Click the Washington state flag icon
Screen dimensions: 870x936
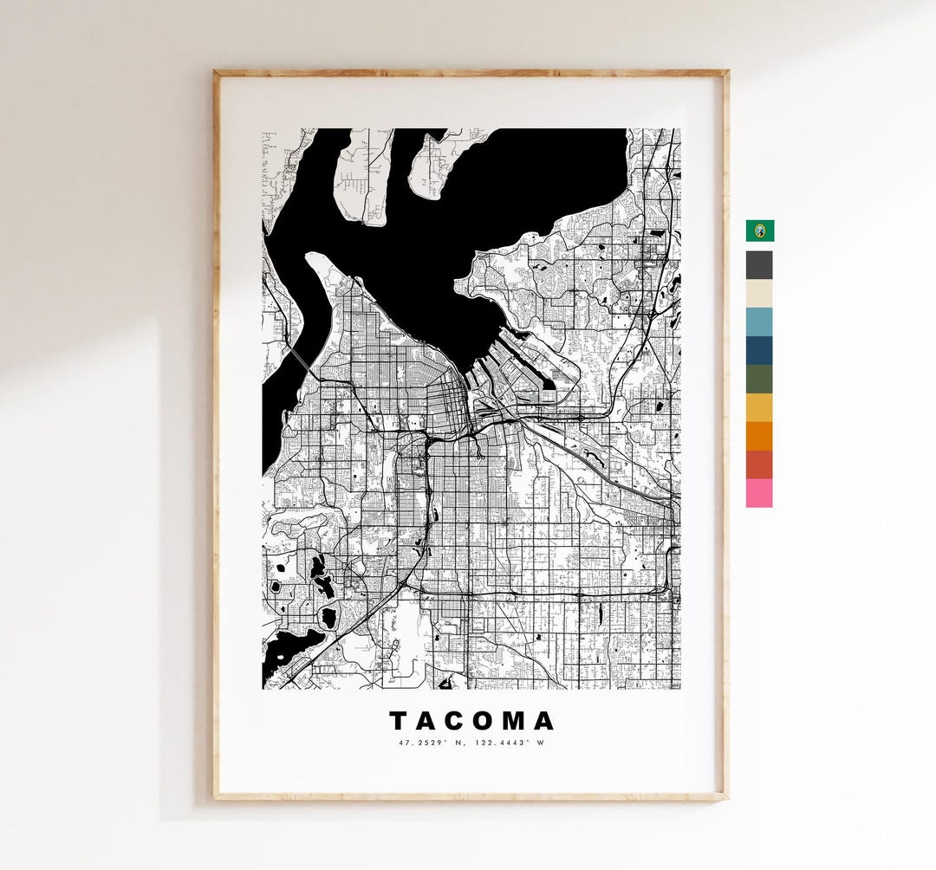[x=760, y=230]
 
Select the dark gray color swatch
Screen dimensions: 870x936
[x=759, y=264]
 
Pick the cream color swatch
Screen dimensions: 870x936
[x=759, y=293]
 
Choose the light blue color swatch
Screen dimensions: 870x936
[x=759, y=321]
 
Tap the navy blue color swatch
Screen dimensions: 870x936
[x=759, y=350]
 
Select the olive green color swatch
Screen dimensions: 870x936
[x=759, y=379]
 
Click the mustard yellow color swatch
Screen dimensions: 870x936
[x=759, y=407]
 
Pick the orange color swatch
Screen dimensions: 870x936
[x=759, y=436]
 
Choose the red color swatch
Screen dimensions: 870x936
[x=759, y=464]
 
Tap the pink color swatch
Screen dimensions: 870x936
[x=759, y=493]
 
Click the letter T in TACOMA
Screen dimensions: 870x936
[x=399, y=721]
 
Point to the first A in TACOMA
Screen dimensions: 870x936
[x=427, y=721]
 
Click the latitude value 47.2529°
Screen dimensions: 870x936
[x=418, y=743]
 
